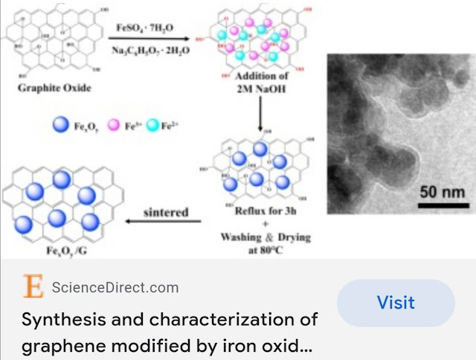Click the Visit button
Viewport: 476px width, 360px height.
(x=396, y=303)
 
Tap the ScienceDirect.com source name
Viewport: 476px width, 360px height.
(x=115, y=287)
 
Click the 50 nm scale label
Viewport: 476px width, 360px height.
(x=443, y=193)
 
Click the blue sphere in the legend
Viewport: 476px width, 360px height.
(x=60, y=126)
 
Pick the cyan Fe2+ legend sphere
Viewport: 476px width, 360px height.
(x=153, y=126)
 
